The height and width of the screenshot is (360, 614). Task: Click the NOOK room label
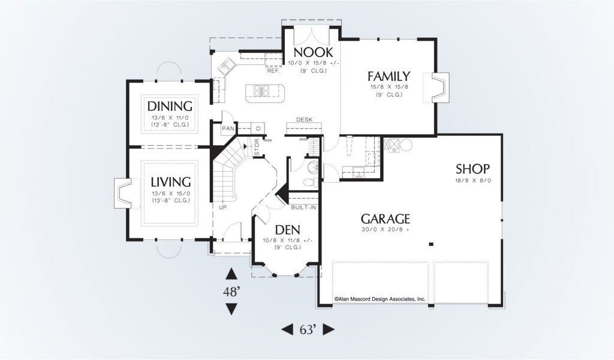(313, 52)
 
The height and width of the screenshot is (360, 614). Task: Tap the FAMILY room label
(389, 76)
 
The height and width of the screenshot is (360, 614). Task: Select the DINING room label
(170, 106)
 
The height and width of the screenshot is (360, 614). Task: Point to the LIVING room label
(171, 182)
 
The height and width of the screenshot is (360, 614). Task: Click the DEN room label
(287, 230)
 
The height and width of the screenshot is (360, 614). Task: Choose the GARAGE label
(386, 218)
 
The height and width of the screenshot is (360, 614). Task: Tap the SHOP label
(472, 169)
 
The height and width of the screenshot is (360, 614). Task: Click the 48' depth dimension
(231, 292)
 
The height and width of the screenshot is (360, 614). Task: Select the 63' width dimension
(308, 330)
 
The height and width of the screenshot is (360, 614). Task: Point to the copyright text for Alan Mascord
(380, 299)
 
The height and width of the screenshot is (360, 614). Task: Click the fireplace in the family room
(440, 88)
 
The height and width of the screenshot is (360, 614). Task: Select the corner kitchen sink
(226, 66)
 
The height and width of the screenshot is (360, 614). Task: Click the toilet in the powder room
(312, 182)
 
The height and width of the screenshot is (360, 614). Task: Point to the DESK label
(304, 119)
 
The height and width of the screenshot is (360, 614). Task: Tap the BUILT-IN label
(303, 208)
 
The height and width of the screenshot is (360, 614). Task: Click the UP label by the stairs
(222, 208)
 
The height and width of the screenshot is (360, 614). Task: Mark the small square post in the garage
(431, 244)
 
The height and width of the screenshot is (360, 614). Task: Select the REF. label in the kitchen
(273, 71)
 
